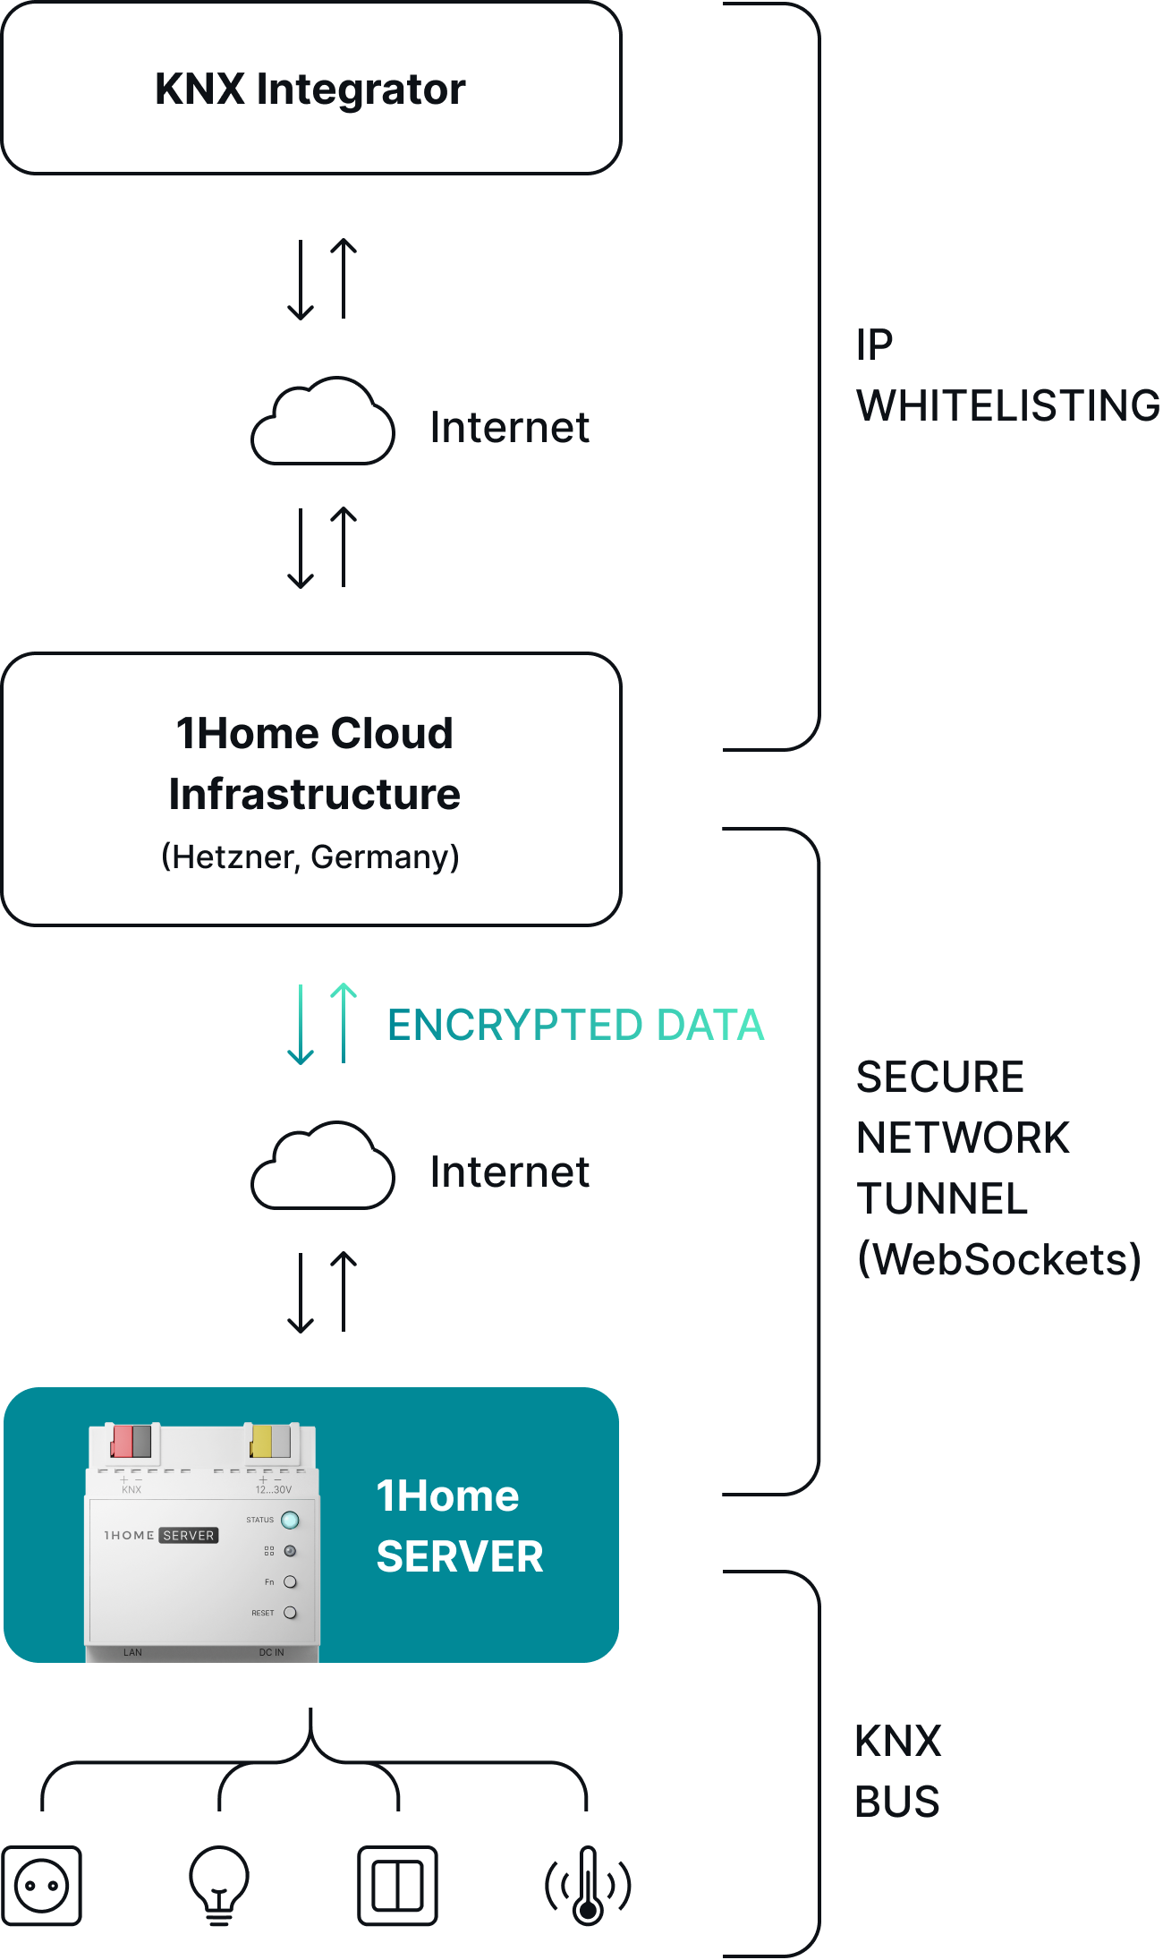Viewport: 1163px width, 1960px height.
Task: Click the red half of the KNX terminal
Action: click(121, 1442)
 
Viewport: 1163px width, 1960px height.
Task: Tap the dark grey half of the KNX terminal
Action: click(141, 1442)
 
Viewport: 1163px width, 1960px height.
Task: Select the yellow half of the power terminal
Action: click(261, 1442)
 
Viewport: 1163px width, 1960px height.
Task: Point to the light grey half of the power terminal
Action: click(281, 1442)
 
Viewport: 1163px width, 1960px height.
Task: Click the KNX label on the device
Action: click(132, 1490)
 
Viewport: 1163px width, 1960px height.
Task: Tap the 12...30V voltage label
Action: click(274, 1490)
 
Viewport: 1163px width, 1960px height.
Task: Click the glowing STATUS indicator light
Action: click(290, 1520)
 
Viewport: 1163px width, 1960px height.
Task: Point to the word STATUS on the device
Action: click(259, 1520)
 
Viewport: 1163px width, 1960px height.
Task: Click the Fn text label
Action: click(269, 1582)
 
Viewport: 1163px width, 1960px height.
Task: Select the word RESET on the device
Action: click(263, 1613)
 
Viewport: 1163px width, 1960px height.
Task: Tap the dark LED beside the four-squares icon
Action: click(290, 1551)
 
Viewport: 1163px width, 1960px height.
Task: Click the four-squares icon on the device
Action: click(269, 1551)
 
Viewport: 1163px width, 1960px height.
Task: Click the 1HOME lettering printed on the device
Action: click(130, 1535)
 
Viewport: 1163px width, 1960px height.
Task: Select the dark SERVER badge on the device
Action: click(189, 1535)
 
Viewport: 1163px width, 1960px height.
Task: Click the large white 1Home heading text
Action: click(447, 1496)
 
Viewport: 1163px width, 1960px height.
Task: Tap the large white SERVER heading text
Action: click(460, 1556)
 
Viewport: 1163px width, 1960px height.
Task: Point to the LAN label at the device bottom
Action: click(132, 1652)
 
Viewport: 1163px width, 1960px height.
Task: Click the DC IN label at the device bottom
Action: click(271, 1652)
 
